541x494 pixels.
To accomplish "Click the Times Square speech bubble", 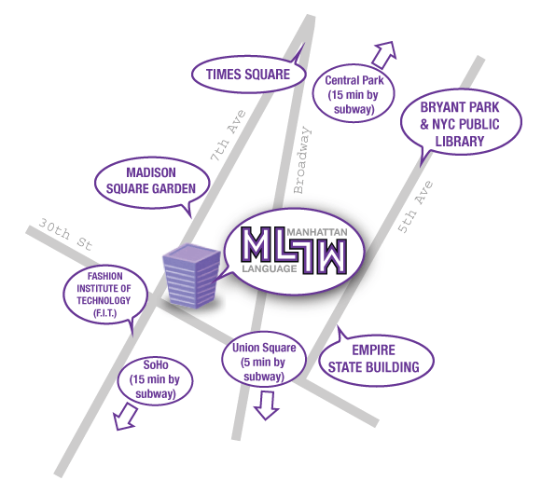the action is tap(248, 75).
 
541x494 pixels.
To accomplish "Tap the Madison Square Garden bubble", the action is tap(152, 182).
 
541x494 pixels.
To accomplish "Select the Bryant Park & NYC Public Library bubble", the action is tap(461, 123).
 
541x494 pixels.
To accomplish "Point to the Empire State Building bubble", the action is tap(375, 360).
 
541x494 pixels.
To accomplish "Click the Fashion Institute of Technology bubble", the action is tap(104, 295).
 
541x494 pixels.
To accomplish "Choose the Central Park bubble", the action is tap(354, 94).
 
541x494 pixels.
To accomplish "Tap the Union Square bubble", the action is tap(264, 362).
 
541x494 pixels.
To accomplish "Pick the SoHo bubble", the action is tap(155, 379).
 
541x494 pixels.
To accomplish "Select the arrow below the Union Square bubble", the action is tap(267, 405).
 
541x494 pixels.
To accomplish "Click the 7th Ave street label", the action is tap(229, 135).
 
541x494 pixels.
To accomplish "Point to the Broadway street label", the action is tap(302, 160).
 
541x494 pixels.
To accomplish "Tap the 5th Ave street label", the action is tap(415, 207).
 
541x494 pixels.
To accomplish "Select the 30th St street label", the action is tap(65, 235).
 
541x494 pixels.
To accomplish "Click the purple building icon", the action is tap(191, 276).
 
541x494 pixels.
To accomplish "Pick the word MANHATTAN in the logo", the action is tap(317, 232).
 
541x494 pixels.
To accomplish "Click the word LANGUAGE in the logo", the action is tap(270, 268).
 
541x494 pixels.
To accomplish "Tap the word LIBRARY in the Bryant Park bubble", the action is tap(460, 142).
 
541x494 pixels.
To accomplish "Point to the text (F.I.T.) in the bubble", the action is tap(104, 313).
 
